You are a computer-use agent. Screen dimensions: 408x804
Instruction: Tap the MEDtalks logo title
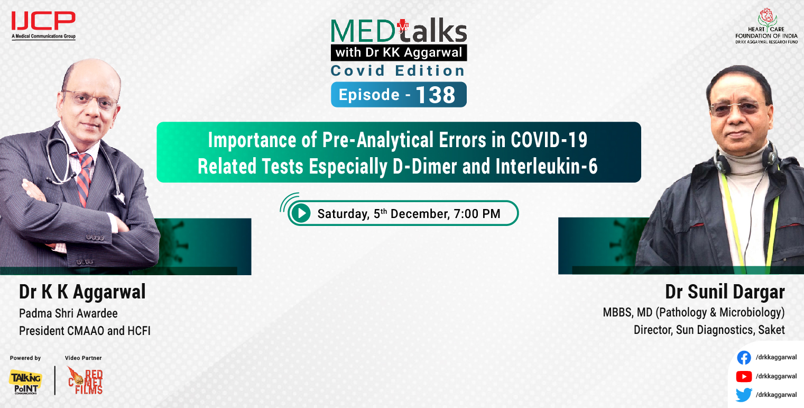399,32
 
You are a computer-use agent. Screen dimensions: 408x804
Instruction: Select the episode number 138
435,95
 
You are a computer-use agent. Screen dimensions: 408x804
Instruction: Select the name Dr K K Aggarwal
82,292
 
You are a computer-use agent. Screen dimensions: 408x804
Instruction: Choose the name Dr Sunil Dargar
725,292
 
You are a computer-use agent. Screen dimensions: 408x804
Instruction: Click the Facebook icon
744,358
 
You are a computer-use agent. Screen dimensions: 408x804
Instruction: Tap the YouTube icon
744,376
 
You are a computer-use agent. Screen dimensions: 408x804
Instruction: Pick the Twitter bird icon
744,395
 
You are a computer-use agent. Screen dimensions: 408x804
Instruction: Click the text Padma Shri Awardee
68,314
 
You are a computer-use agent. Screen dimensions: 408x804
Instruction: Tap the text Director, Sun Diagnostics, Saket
709,330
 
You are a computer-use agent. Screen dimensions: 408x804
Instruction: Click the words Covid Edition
398,70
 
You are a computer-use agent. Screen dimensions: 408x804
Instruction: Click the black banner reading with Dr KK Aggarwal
399,53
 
